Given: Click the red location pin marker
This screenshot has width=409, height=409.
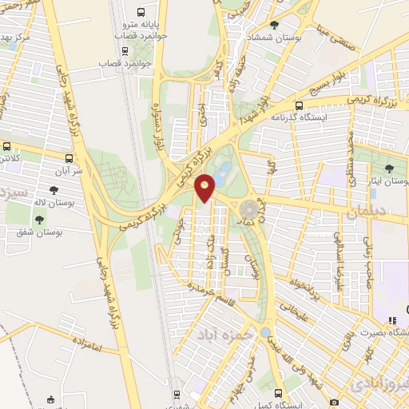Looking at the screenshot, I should tap(206, 188).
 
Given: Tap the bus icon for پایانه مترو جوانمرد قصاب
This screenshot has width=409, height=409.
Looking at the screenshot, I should tap(141, 13).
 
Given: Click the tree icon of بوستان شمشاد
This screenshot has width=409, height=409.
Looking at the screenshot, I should tap(275, 25).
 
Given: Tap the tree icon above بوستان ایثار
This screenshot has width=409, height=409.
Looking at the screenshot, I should tap(389, 168).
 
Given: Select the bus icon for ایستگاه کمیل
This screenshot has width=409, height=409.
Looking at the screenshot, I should tap(278, 392).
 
